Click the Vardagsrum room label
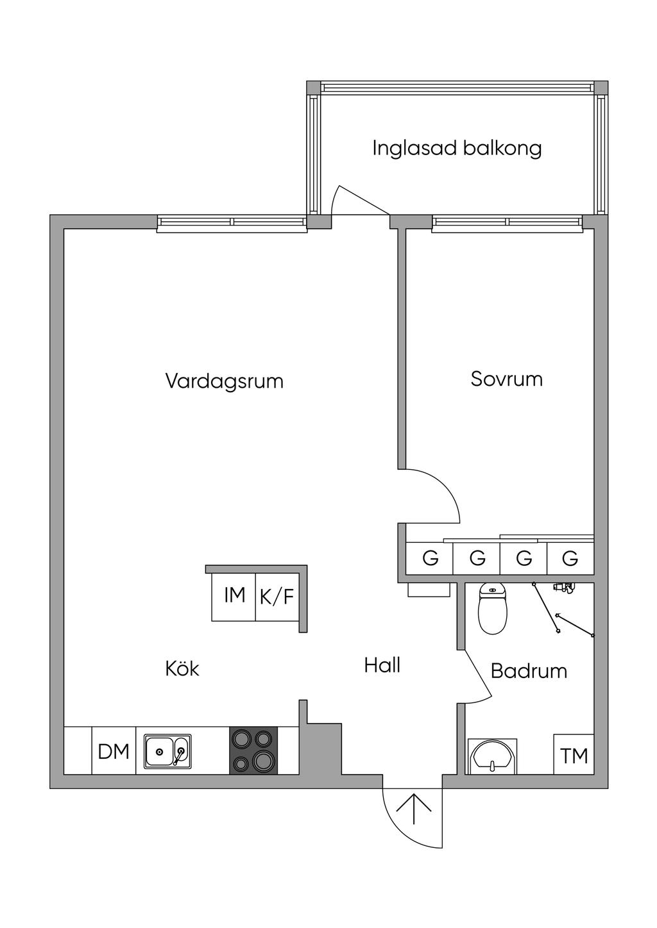(224, 381)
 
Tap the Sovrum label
(506, 379)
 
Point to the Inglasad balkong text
(457, 148)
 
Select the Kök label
(182, 668)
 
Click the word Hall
(382, 665)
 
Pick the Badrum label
(529, 671)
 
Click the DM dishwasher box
(114, 751)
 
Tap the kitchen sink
(167, 751)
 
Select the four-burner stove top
(254, 750)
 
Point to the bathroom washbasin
(492, 756)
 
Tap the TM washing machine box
(574, 756)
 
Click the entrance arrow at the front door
(413, 808)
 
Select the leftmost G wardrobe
(430, 558)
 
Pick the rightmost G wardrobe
(570, 558)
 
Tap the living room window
(232, 222)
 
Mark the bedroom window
(508, 222)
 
